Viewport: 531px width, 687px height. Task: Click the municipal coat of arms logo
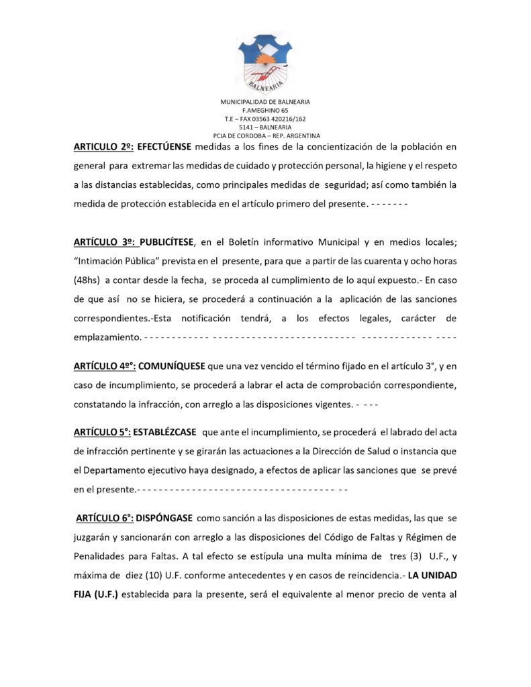pyautogui.click(x=264, y=62)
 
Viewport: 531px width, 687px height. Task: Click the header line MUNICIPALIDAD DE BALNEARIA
pyautogui.click(x=265, y=101)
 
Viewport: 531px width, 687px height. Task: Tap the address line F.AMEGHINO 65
pyautogui.click(x=265, y=110)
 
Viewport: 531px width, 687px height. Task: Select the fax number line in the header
pyautogui.click(x=265, y=119)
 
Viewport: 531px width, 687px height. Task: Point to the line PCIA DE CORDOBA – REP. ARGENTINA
pyautogui.click(x=265, y=136)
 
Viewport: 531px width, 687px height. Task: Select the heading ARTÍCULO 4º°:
pyautogui.click(x=105, y=366)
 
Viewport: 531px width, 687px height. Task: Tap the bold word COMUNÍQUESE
pyautogui.click(x=173, y=366)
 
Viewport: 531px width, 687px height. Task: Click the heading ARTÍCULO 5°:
pyautogui.click(x=103, y=432)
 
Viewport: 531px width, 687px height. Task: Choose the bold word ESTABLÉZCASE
pyautogui.click(x=170, y=432)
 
